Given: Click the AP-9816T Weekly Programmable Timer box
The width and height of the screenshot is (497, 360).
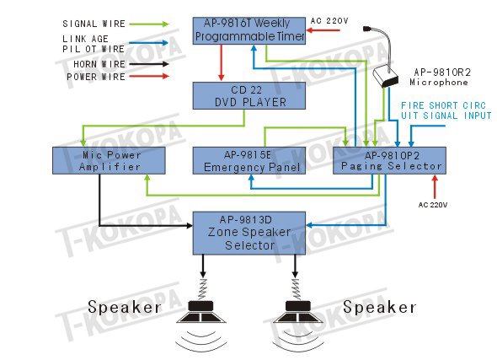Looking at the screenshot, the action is (x=249, y=30).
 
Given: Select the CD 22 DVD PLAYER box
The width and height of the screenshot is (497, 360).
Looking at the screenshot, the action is (x=249, y=96).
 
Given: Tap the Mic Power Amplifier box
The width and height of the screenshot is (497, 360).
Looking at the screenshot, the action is (x=109, y=160).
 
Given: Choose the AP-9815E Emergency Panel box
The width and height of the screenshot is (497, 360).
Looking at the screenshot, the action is (x=249, y=160).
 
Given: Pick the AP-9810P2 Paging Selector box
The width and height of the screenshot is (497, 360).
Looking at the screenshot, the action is (x=389, y=160).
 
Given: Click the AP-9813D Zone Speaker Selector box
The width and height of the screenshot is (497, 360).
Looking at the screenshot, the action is (x=249, y=234).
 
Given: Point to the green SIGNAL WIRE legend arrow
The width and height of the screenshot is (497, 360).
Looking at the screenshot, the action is (x=149, y=24).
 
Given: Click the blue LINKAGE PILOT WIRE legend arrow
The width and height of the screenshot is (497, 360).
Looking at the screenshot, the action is (x=148, y=43).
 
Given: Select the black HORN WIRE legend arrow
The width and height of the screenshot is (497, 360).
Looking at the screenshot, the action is (x=149, y=64).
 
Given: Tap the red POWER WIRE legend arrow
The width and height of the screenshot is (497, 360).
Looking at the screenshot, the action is (x=149, y=76).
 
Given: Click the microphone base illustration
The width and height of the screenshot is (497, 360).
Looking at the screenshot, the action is (x=385, y=77).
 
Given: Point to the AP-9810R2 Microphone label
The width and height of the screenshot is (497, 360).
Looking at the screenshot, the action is (x=440, y=77).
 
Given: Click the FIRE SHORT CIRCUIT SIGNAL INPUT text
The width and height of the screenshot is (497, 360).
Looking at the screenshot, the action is (x=446, y=110).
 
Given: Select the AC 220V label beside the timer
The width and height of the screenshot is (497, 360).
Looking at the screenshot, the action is (x=329, y=21).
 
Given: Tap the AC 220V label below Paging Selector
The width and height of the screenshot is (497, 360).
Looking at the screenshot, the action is (x=433, y=205).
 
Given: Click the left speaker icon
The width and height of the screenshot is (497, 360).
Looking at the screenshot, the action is (x=201, y=317).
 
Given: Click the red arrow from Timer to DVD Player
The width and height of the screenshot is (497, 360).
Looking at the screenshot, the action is (x=222, y=62).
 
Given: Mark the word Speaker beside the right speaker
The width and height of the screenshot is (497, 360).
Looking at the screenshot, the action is (x=379, y=307).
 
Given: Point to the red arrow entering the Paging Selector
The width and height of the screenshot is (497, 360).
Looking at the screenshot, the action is (x=435, y=186).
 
